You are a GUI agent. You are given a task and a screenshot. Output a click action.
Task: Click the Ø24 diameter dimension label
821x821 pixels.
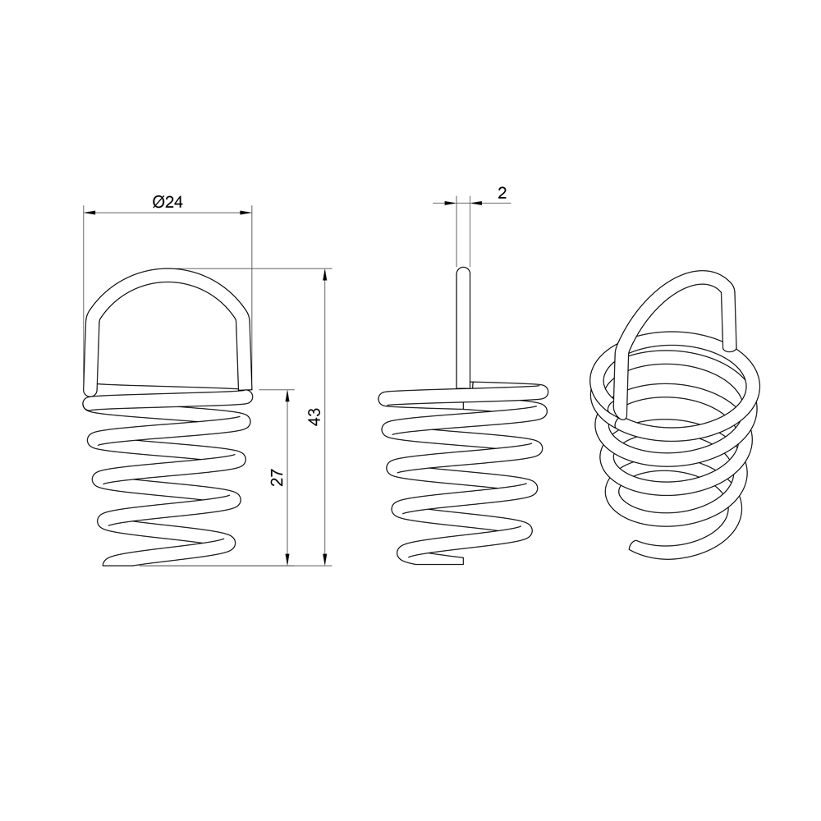167,202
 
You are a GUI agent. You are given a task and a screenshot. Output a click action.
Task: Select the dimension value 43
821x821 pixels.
314,416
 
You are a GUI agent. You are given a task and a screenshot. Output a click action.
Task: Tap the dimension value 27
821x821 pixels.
277,477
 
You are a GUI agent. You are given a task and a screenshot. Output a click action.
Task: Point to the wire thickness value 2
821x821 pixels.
502,193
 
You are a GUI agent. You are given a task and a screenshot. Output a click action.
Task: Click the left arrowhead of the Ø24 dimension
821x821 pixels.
90,212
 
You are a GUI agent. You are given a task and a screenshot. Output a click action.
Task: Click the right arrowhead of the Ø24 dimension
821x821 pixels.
245,212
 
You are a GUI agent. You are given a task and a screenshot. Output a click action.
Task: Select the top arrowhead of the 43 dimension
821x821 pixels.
326,275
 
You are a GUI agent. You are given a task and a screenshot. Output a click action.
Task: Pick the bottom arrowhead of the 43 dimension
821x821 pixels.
326,559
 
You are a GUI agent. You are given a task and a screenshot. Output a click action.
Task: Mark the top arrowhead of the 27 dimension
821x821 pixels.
287,396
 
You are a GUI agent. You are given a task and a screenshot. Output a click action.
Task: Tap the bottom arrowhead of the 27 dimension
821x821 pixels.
287,559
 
